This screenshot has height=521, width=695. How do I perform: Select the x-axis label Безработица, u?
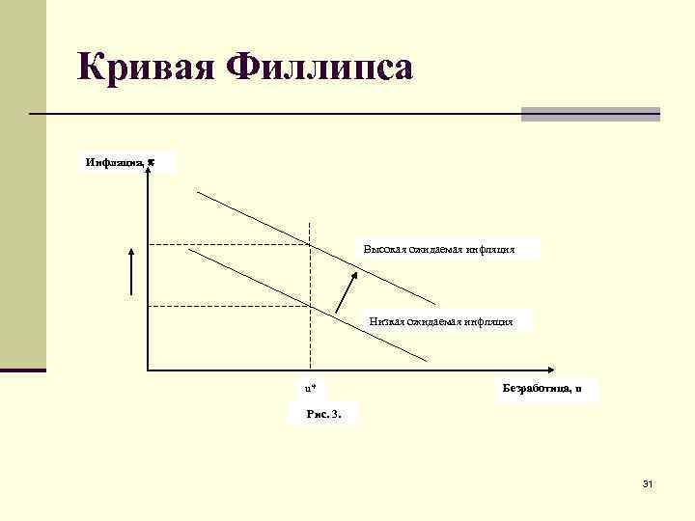542,389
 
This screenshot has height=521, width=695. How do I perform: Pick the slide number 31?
647,483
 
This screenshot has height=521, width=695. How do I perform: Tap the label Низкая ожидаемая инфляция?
441,321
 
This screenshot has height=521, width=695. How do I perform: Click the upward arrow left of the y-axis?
132,269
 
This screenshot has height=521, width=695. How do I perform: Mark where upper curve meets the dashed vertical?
310,245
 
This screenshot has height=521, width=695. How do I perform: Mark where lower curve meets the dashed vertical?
310,306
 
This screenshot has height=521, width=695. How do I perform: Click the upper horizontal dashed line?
227,245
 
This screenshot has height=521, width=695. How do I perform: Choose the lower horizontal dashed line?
227,306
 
